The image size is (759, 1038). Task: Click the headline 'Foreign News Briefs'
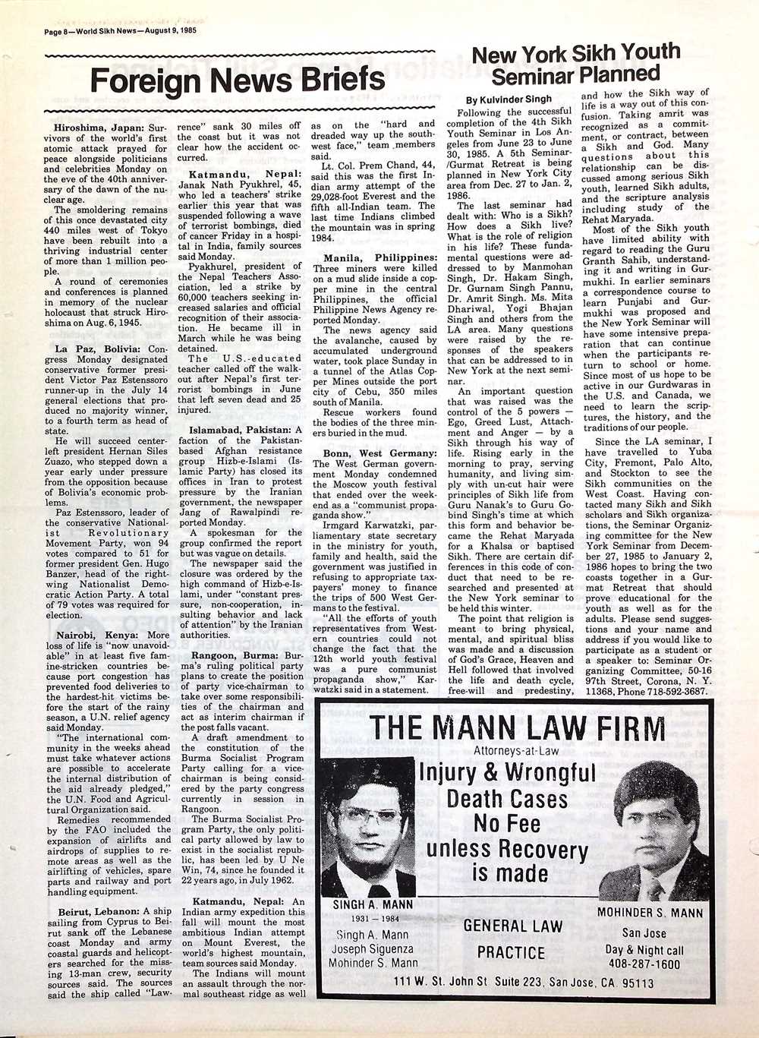(238, 80)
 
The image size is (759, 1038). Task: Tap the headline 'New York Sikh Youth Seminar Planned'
(575, 64)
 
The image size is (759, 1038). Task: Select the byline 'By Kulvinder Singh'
(509, 99)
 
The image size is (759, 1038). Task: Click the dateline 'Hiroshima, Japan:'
(99, 128)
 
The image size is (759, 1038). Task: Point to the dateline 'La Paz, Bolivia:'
(95, 349)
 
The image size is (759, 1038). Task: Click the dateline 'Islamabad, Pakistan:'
(241, 430)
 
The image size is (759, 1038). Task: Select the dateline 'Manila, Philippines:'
(375, 258)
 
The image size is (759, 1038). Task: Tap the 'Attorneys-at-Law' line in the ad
(515, 751)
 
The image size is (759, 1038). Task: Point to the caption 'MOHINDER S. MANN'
(650, 913)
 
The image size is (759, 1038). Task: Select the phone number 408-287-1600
(644, 964)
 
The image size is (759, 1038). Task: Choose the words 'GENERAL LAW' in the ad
(512, 926)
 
